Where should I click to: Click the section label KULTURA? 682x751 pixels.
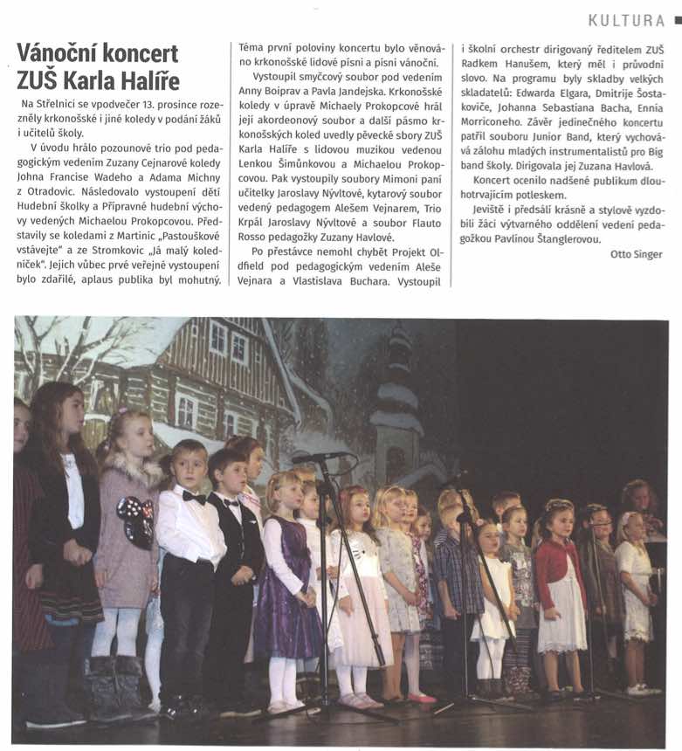[x=626, y=20]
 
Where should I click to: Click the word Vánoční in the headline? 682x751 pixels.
[x=61, y=53]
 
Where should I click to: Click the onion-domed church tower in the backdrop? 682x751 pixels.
[x=397, y=402]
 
